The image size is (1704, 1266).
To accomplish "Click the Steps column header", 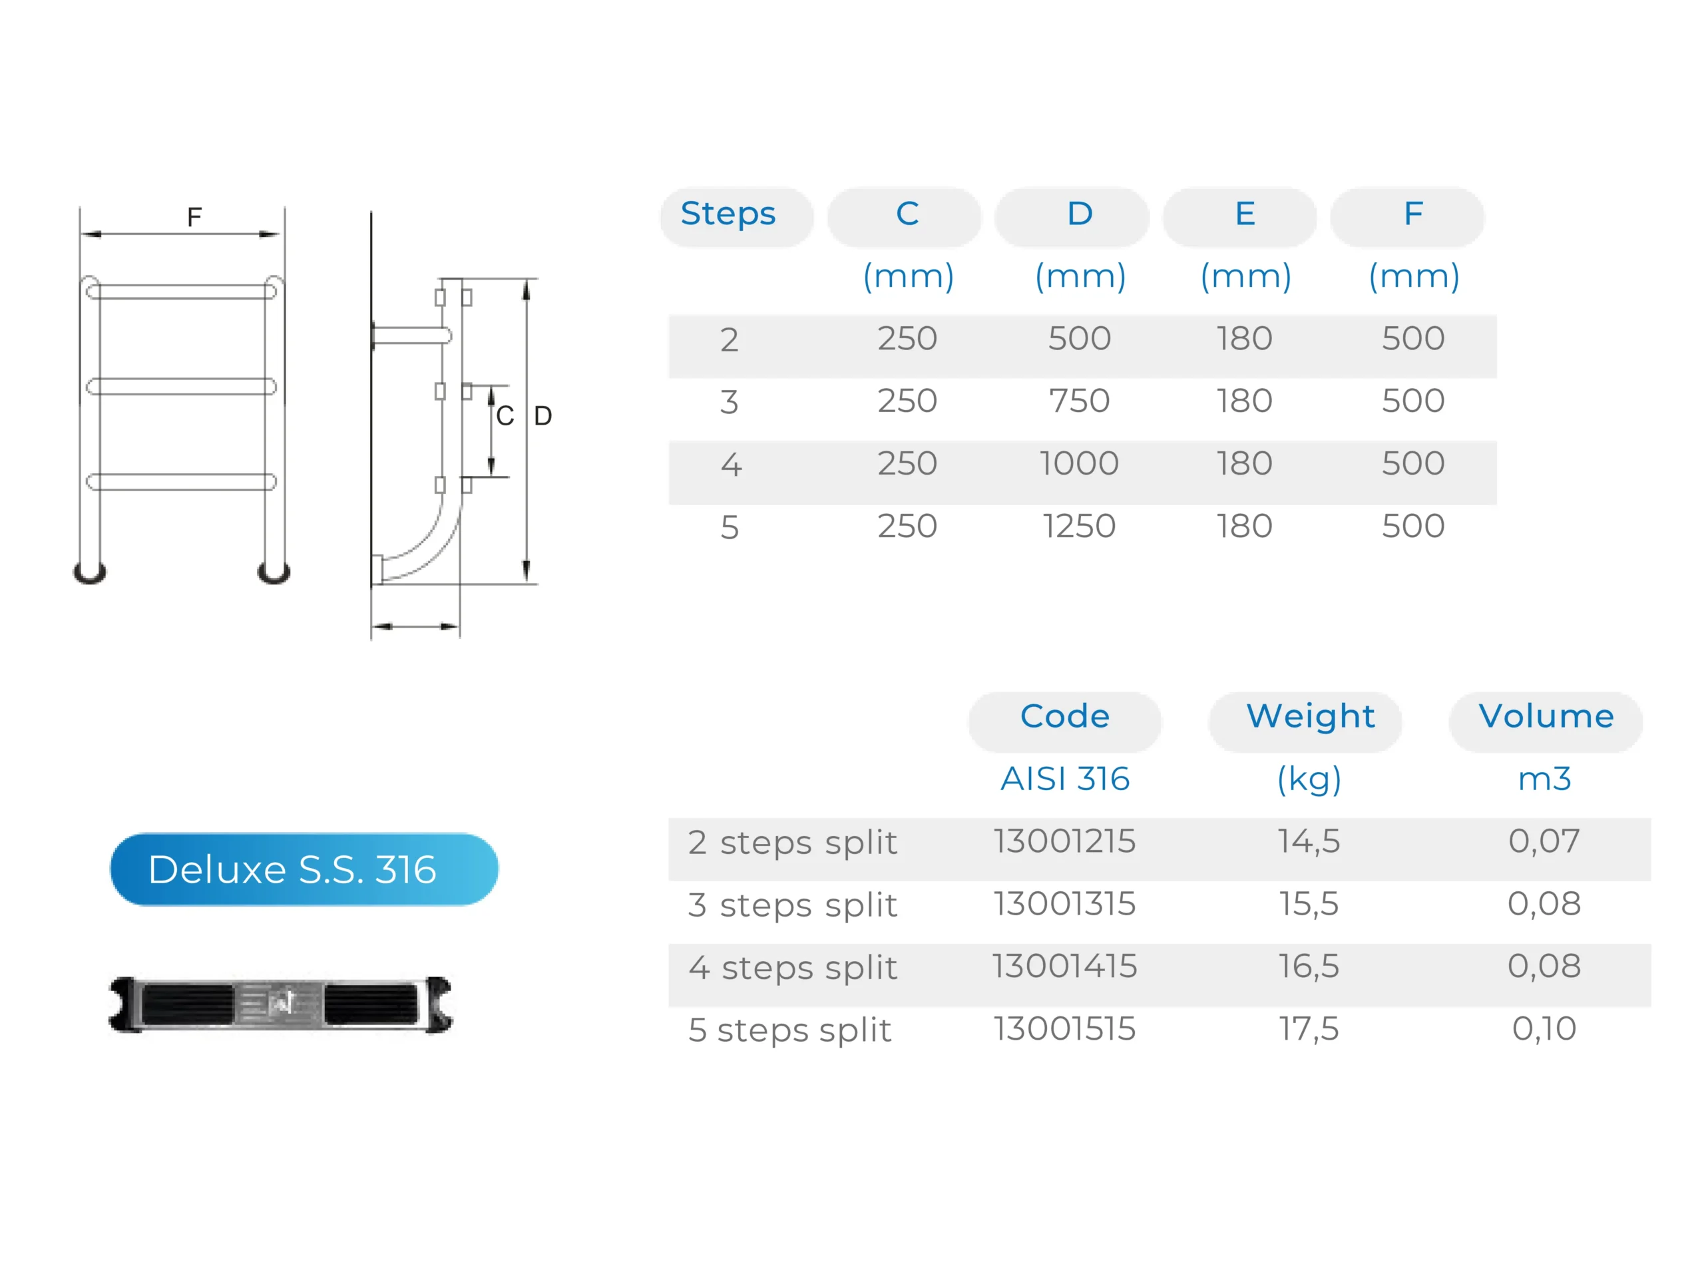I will [728, 214].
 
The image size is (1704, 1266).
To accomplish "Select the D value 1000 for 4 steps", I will [1078, 464].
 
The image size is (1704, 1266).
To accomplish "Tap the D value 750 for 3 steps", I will [1078, 401].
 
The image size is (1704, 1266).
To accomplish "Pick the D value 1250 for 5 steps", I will [1078, 527].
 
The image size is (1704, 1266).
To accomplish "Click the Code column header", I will [1064, 716].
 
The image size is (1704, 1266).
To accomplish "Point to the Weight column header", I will [1309, 716].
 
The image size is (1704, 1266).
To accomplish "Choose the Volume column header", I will [1546, 716].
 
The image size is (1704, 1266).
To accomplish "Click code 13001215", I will [1064, 841].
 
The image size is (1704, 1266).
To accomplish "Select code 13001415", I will [1064, 966].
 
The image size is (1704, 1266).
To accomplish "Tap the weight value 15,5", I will [1308, 905].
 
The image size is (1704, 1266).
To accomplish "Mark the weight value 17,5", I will [1308, 1029].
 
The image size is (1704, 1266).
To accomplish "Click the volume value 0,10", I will [1543, 1029].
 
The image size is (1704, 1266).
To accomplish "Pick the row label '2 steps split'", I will [791, 843].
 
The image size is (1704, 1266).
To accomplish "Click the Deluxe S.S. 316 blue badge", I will [304, 869].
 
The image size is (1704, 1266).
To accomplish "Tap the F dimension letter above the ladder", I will [194, 218].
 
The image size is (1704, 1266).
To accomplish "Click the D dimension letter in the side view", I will [542, 416].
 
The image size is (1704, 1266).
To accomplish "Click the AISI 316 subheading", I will [1064, 779].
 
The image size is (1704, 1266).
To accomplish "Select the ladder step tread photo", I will [280, 1004].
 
